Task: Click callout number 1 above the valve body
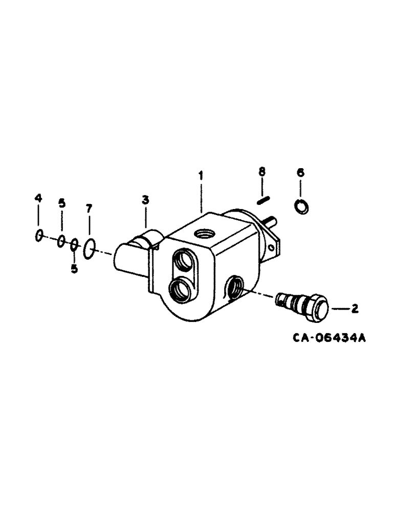point(201,175)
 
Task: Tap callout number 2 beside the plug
point(354,308)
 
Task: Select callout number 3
point(145,200)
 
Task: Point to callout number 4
point(37,198)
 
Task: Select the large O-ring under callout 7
point(89,247)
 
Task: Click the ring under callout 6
point(300,206)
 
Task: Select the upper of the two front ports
point(183,259)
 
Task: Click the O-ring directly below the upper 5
point(61,241)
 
